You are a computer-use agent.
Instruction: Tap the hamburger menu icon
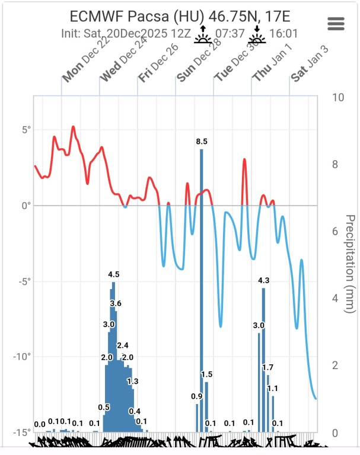(x=336, y=23)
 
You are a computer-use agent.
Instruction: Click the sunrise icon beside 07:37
(x=203, y=35)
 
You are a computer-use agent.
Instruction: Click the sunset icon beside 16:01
(x=257, y=35)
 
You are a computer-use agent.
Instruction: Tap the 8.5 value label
(x=202, y=142)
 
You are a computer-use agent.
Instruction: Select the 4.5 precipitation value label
(x=114, y=274)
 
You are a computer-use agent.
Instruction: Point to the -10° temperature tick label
(x=22, y=357)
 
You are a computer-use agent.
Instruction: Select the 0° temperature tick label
(x=26, y=206)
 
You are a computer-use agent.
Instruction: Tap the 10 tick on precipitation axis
(x=338, y=98)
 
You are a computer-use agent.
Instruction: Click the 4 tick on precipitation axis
(x=336, y=299)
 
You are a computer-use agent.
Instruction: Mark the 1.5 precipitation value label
(x=206, y=374)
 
